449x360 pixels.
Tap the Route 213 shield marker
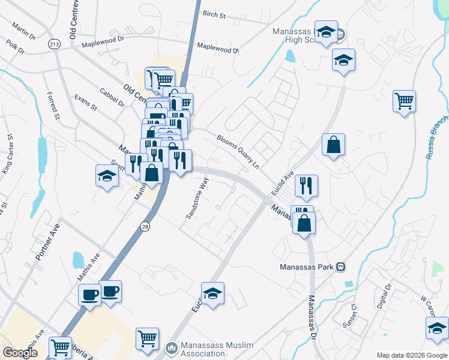pos(55,44)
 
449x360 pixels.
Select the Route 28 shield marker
pos(145,226)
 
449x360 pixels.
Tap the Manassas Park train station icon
pos(340,266)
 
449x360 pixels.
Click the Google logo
pos(20,353)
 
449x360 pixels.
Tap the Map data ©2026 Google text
pos(411,355)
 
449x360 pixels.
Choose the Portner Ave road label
pos(48,242)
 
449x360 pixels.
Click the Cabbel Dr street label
pos(112,98)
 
